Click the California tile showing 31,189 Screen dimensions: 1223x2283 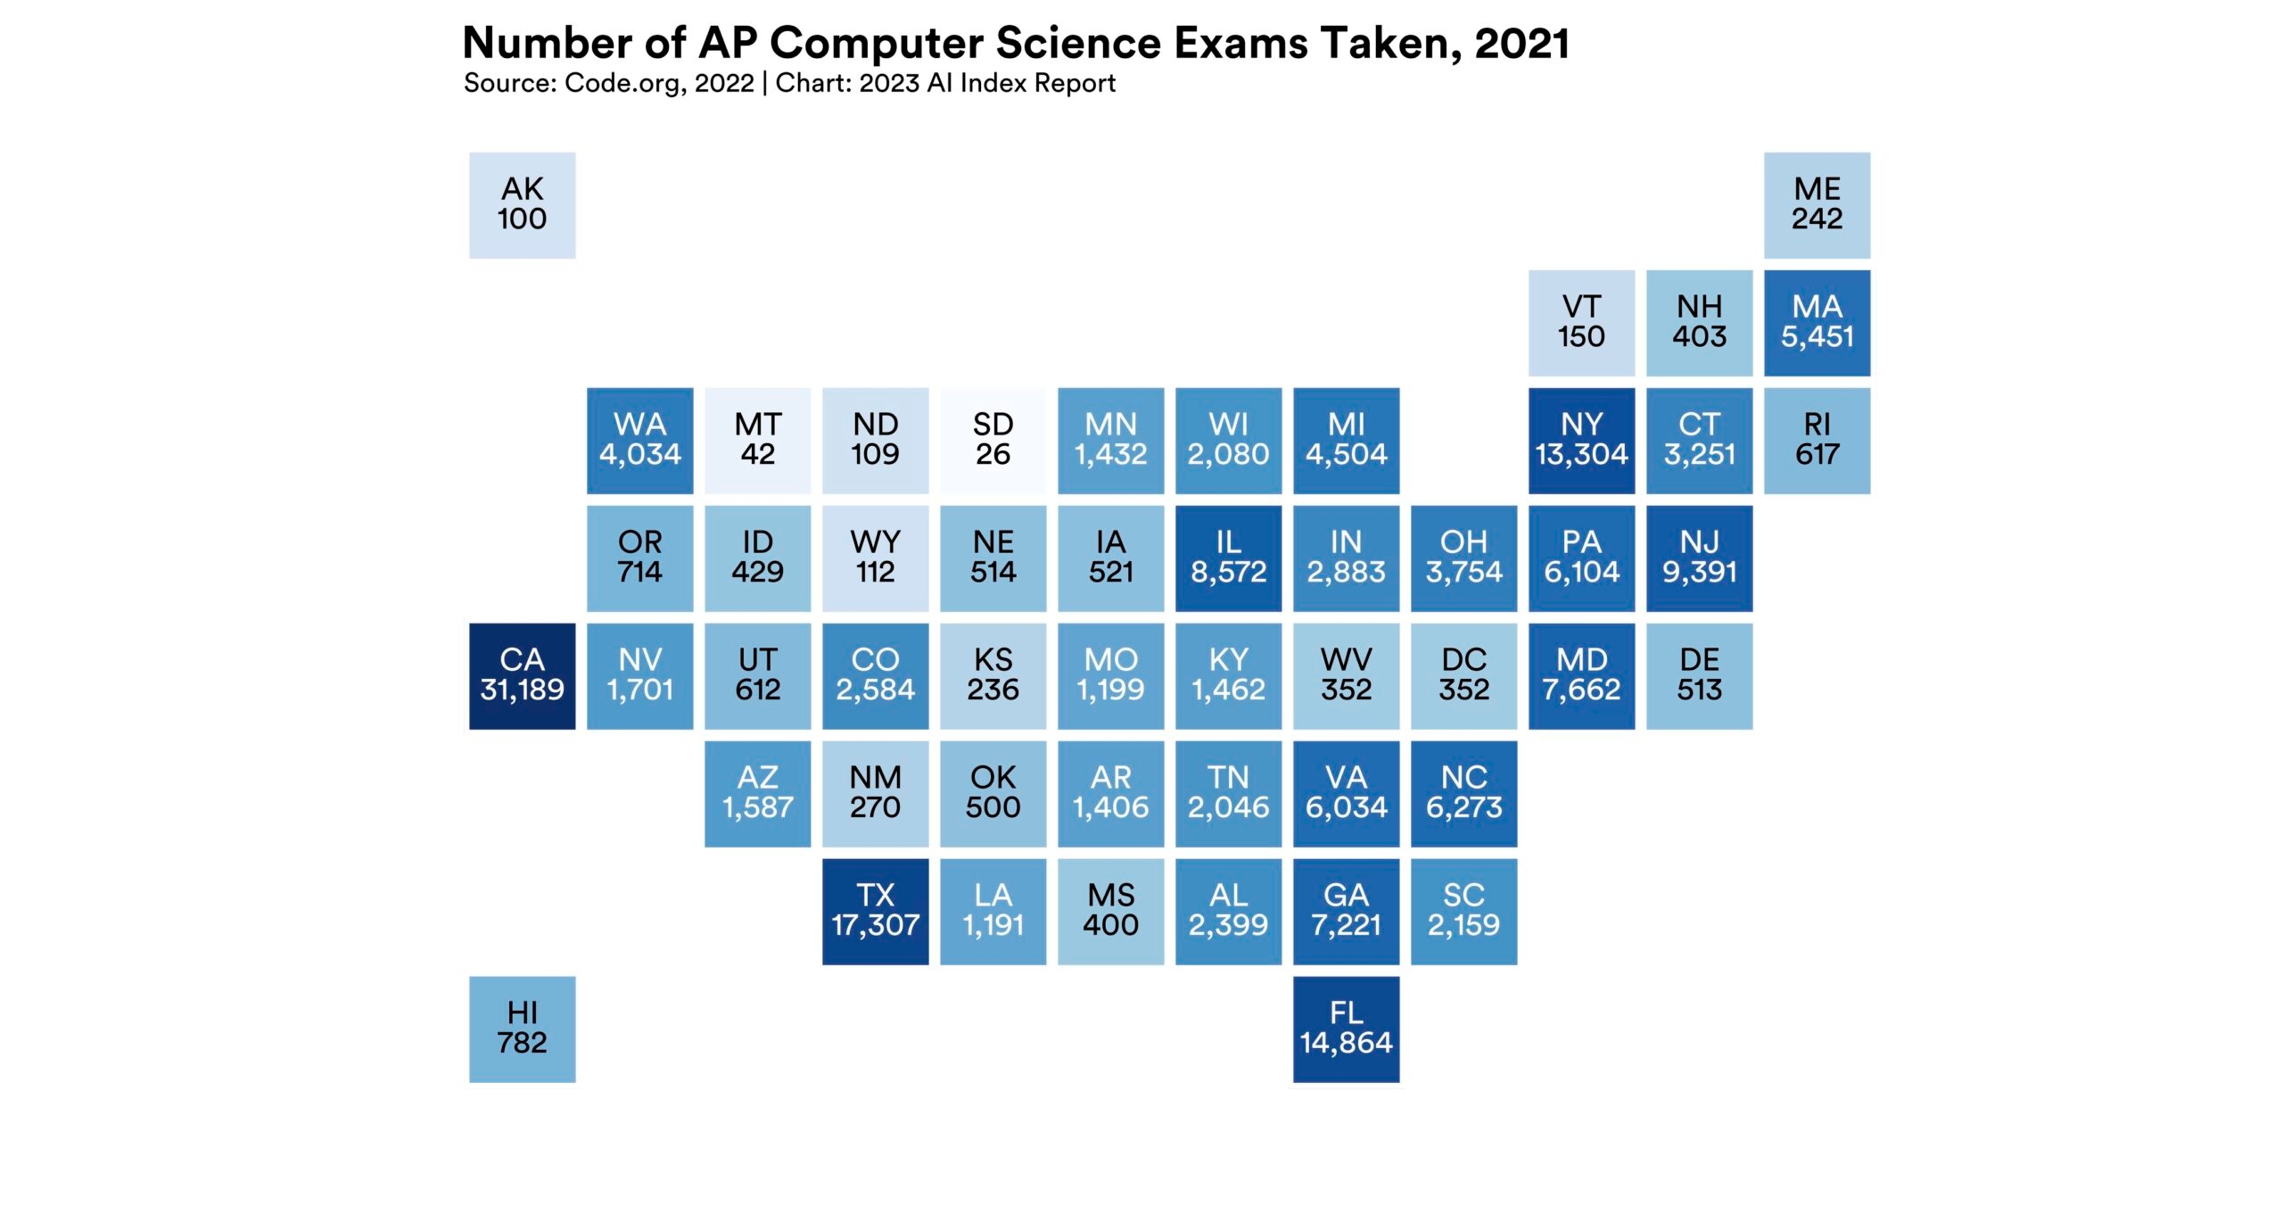(522, 675)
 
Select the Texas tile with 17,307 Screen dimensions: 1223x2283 (875, 911)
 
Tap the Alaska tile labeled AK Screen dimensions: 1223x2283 (522, 204)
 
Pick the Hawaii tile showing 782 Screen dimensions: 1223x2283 (522, 1029)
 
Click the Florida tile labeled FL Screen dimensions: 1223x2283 (1346, 1029)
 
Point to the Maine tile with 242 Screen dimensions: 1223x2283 (1817, 204)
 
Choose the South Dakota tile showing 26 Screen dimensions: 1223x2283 (993, 440)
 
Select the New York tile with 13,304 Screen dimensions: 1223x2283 (1581, 440)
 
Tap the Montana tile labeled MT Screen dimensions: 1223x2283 (757, 440)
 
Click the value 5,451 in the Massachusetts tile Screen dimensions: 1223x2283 (1817, 336)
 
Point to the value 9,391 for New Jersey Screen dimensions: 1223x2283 (1699, 572)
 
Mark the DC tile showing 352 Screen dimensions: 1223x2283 (1463, 675)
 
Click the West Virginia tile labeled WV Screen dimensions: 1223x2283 (1346, 675)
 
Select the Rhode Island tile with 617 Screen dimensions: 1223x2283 (1817, 440)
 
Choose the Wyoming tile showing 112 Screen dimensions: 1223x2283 (875, 558)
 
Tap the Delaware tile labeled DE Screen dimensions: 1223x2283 (1699, 675)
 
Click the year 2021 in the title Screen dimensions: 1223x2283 (1521, 43)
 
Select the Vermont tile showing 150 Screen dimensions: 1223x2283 (1581, 322)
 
